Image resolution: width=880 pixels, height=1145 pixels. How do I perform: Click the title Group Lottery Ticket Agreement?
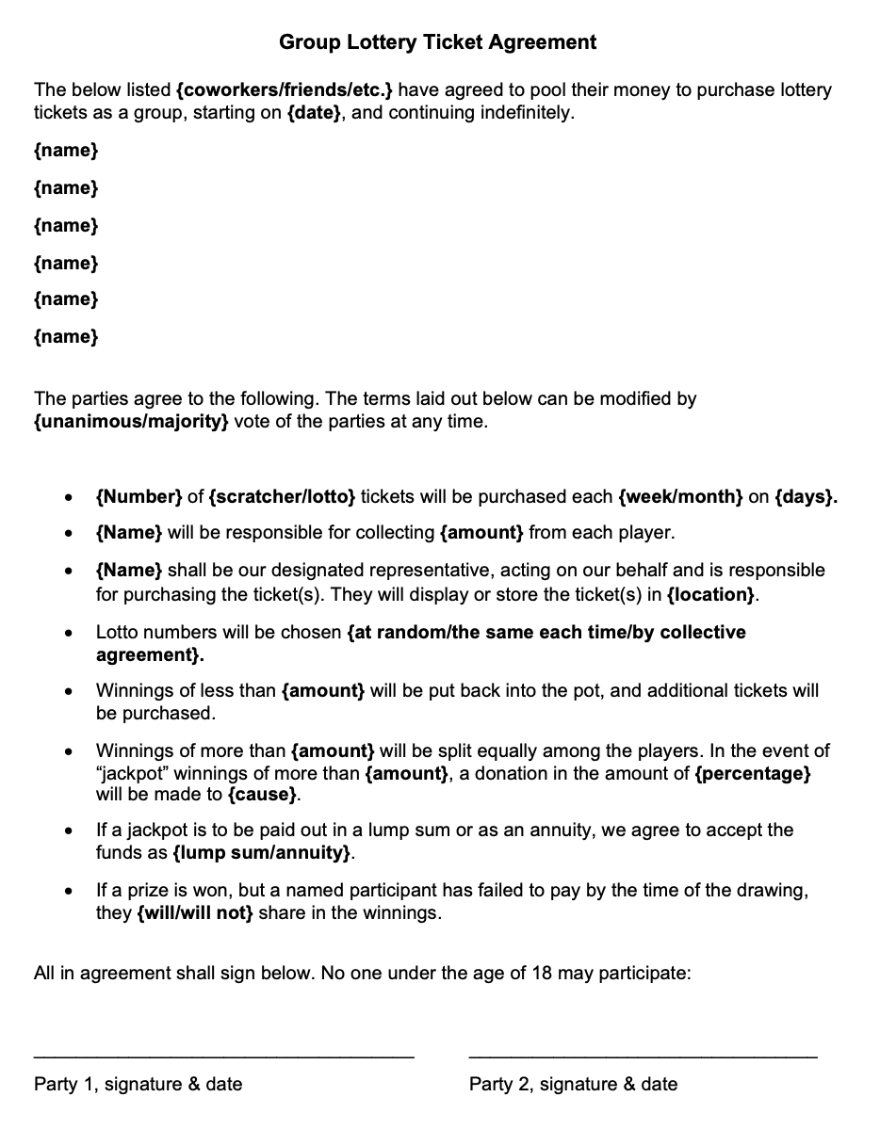pos(437,42)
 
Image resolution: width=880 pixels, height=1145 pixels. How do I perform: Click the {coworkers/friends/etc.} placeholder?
pos(285,90)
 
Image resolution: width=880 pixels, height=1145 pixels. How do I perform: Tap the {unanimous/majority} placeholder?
pos(131,421)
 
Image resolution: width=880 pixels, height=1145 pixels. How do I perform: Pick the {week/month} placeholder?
pos(680,496)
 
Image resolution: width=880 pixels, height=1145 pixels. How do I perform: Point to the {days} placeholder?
pos(806,496)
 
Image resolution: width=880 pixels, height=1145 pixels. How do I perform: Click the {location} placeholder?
pos(711,595)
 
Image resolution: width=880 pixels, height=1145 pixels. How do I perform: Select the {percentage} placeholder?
pos(752,773)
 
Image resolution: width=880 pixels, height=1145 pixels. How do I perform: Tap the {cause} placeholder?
pos(263,794)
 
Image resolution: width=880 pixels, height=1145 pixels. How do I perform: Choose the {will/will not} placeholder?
pos(195,912)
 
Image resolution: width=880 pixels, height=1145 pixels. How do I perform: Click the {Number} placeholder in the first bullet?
pos(139,496)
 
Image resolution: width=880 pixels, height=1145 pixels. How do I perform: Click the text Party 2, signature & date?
pos(573,1084)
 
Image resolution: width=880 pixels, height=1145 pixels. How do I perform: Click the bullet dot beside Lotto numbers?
pos(68,634)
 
